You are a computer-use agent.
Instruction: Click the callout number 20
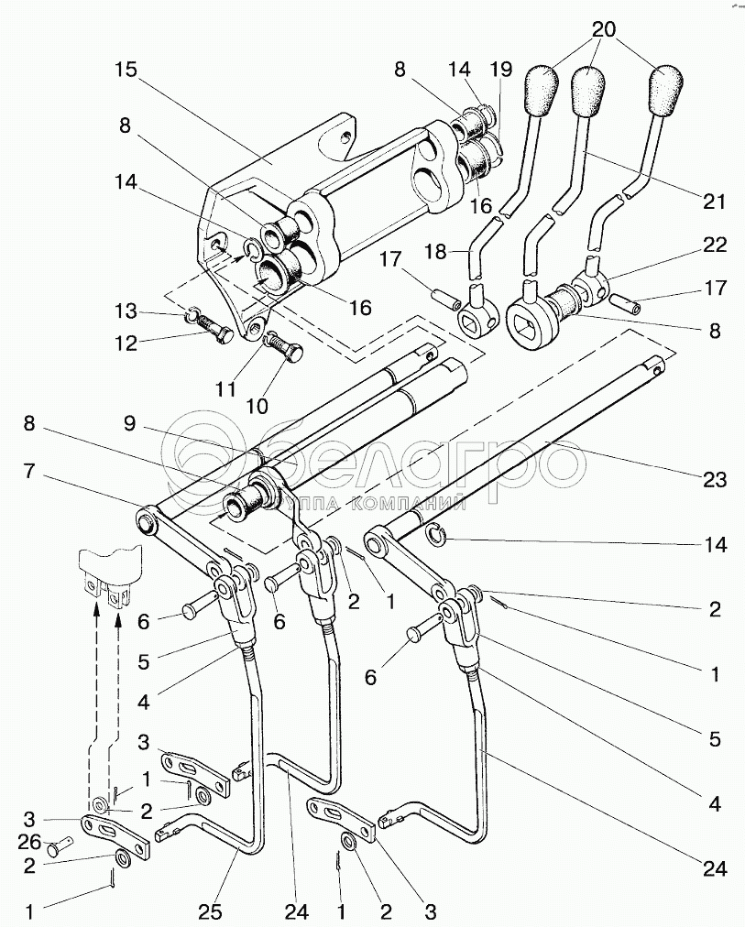pos(602,29)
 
